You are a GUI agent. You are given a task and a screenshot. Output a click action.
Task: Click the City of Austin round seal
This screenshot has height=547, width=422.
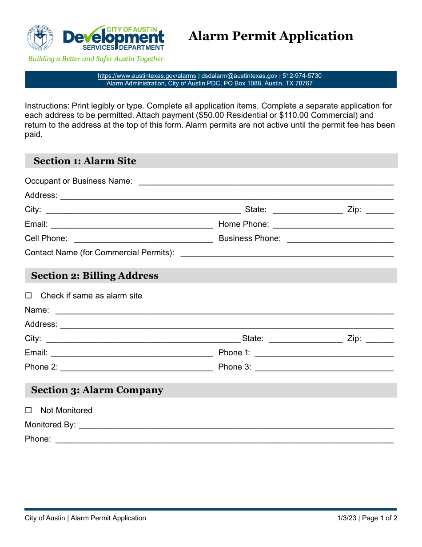(x=40, y=37)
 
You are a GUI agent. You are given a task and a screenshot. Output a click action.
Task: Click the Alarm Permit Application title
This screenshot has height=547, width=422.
(x=271, y=36)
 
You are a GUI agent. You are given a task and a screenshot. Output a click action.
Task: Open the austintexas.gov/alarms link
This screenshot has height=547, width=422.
(x=147, y=76)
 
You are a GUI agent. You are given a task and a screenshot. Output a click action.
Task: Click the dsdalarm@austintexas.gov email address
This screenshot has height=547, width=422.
(x=239, y=76)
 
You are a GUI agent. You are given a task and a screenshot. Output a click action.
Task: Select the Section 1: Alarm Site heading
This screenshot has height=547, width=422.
(x=85, y=161)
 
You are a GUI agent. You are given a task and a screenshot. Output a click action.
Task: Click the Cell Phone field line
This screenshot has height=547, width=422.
(x=143, y=238)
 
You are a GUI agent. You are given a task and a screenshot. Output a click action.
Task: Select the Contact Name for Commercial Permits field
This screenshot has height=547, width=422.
(x=287, y=253)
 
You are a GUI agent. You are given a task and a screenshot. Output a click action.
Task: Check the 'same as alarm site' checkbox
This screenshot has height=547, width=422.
(x=29, y=296)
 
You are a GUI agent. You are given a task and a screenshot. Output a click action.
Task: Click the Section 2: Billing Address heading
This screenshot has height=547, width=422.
(x=95, y=276)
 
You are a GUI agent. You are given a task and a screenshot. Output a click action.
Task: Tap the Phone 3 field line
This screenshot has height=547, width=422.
(x=324, y=367)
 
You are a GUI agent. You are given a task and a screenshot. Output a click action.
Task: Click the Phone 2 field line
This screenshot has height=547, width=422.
(x=136, y=367)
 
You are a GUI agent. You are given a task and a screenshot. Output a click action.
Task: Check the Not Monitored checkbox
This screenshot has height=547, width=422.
(x=29, y=410)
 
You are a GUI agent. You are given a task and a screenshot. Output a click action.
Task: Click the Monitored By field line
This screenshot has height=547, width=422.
(x=236, y=425)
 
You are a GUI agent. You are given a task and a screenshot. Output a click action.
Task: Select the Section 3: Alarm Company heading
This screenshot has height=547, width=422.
(x=97, y=390)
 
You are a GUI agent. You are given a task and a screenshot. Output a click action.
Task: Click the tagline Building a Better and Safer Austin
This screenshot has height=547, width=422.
(x=96, y=59)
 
